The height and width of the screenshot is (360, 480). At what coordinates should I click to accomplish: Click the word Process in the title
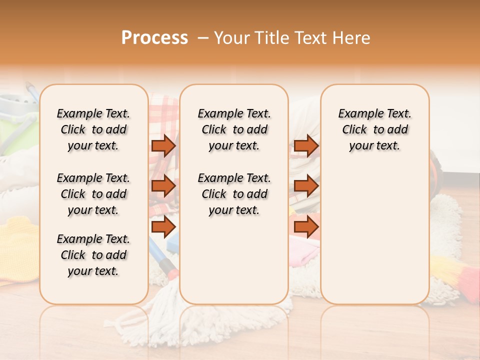coord(154,38)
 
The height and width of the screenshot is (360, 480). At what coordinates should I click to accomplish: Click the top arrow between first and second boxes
coord(163,145)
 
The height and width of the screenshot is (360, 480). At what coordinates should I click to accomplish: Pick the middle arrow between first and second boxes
coord(163,186)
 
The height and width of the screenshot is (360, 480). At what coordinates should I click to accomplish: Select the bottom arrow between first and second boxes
coord(163,227)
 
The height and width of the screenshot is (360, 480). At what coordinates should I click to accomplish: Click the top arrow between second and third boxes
coord(305,145)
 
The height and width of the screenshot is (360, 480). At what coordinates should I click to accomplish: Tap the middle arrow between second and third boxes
coord(305,186)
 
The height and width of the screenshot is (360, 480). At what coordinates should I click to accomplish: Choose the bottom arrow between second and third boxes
coord(305,227)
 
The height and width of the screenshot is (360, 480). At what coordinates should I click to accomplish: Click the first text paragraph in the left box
coord(93,129)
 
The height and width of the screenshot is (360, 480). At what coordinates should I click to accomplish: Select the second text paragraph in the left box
coord(93,194)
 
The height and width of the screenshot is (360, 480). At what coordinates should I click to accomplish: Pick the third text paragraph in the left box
coord(93,255)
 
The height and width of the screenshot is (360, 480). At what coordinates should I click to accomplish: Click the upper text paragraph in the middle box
coord(234,129)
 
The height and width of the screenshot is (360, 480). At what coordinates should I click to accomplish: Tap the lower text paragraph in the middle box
coord(234,194)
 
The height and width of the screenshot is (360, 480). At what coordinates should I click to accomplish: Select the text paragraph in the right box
coord(374,129)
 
